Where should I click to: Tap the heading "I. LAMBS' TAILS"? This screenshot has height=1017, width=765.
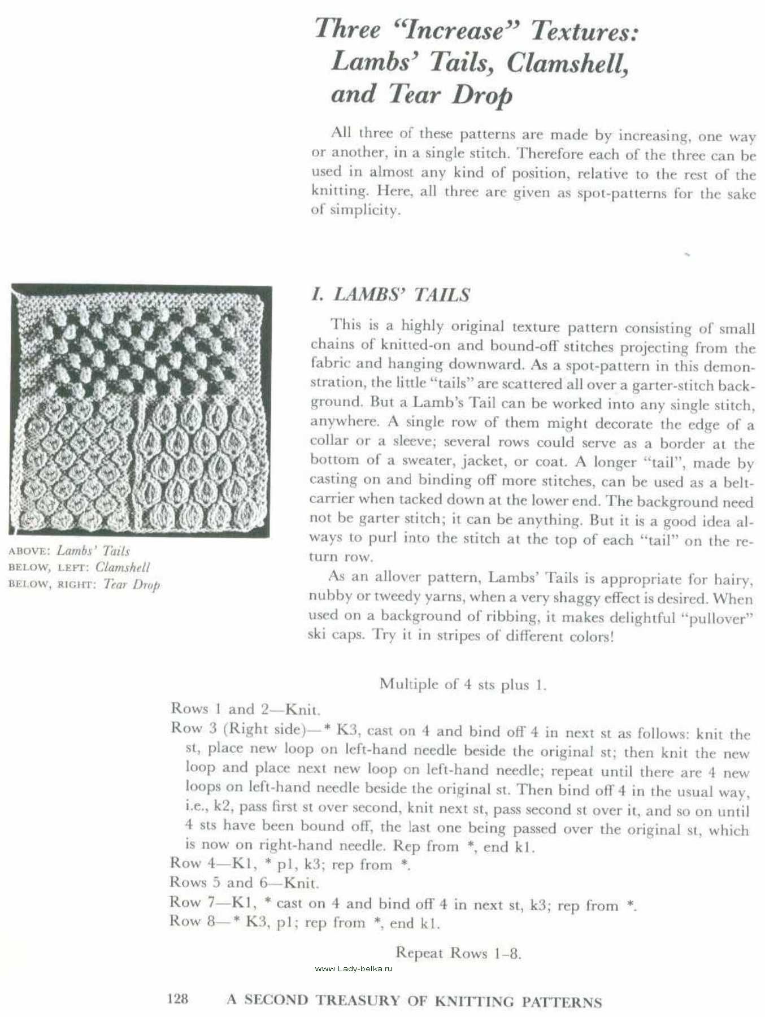click(x=390, y=294)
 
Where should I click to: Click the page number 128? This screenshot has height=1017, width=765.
click(x=178, y=999)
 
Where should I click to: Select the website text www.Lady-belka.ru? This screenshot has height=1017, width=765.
click(x=353, y=968)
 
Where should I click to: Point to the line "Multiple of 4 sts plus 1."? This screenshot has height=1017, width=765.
click(x=463, y=684)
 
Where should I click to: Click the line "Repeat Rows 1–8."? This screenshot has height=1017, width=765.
click(x=458, y=953)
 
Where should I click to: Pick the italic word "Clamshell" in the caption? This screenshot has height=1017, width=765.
click(x=123, y=567)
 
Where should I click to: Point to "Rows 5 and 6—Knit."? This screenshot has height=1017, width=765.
click(x=244, y=883)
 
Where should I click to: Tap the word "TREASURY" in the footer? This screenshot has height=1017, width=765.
click(x=358, y=1000)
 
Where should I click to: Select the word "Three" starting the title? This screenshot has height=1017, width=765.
click(x=347, y=29)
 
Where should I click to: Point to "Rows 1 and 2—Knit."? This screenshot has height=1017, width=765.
click(x=245, y=709)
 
